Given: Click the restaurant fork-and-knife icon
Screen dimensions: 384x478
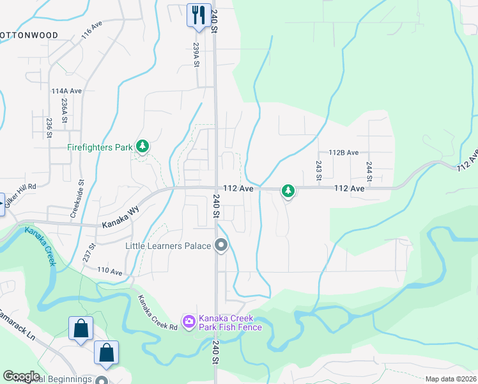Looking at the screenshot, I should [198, 13].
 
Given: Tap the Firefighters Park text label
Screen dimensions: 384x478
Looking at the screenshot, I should [100, 148].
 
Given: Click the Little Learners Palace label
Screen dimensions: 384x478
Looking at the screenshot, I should [169, 246].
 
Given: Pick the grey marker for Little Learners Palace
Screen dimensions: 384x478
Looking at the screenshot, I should [222, 246].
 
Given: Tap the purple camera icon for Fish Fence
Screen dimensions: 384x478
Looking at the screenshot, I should [189, 322].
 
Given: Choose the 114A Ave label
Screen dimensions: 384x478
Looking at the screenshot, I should [66, 92].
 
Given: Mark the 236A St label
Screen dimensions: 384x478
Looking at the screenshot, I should [64, 110].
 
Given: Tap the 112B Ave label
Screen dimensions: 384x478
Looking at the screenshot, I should [344, 153].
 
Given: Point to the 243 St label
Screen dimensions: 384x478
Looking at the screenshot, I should [318, 171].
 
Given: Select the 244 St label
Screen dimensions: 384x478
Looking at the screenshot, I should [369, 171].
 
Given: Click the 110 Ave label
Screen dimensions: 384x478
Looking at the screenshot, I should [109, 271].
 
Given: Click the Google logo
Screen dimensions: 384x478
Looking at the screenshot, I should [21, 376].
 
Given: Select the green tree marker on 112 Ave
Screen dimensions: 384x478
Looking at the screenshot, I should [288, 190].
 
